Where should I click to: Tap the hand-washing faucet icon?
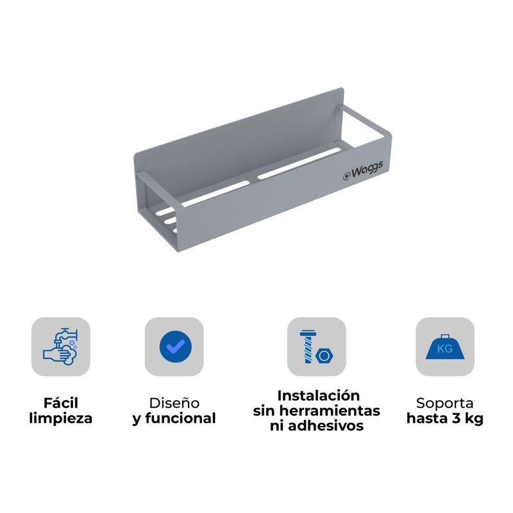coord(60,346)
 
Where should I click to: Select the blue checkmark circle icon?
coord(176,346)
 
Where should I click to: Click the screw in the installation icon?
coord(308,346)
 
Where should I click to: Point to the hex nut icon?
coord(324,356)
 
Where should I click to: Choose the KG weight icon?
coord(445,347)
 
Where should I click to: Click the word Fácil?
coord(61,403)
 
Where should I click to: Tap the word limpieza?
coord(61,419)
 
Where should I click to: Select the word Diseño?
coord(174,403)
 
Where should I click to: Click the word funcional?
coord(180,419)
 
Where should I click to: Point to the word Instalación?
coord(318,396)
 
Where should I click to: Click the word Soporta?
coord(445,403)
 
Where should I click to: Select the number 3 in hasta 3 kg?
coord(457,419)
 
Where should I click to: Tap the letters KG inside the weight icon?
coord(445,349)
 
